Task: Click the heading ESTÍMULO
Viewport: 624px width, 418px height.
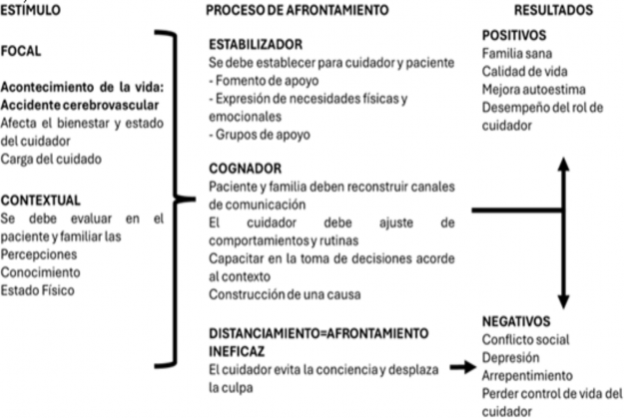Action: point(30,10)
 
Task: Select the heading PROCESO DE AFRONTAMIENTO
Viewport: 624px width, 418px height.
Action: point(298,10)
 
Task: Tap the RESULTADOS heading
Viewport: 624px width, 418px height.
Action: point(553,10)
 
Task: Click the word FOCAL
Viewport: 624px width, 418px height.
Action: point(21,51)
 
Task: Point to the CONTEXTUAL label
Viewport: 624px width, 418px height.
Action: point(41,201)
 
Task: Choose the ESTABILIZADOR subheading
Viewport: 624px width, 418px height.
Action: point(256,44)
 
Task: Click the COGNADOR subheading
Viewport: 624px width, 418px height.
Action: point(246,169)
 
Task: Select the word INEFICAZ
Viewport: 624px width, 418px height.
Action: point(237,351)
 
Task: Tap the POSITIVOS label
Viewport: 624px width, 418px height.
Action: point(514,35)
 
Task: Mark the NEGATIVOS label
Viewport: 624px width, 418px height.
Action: point(516,321)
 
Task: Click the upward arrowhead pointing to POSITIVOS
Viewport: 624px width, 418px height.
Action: point(563,164)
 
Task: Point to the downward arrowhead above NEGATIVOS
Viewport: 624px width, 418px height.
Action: point(563,302)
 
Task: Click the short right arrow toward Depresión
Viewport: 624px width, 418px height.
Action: point(463,367)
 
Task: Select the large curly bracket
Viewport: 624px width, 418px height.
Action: point(175,199)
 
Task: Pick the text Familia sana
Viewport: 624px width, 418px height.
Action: point(517,53)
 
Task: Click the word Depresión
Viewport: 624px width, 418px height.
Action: point(510,357)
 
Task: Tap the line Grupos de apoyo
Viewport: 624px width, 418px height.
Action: point(260,135)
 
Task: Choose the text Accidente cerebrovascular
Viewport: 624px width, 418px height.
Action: point(80,105)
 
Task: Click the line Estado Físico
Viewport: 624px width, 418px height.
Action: point(37,290)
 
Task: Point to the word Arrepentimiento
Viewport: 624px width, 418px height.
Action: point(528,375)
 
